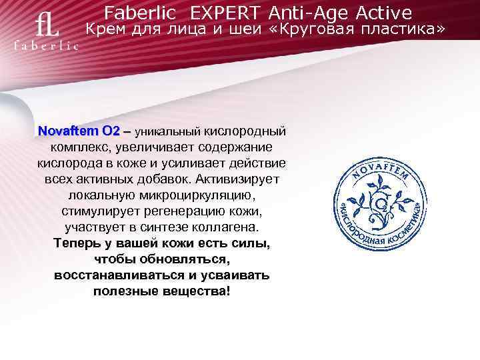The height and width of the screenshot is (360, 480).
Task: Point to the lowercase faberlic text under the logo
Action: (47, 47)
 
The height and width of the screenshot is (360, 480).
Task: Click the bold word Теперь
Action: (79, 245)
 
